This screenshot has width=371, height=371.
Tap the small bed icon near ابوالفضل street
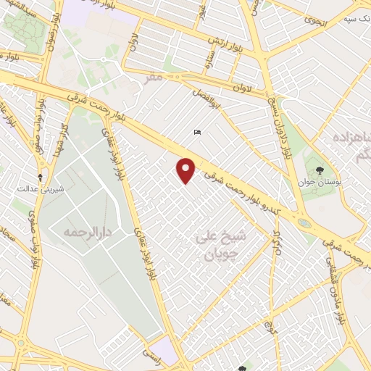coord(197,132)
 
